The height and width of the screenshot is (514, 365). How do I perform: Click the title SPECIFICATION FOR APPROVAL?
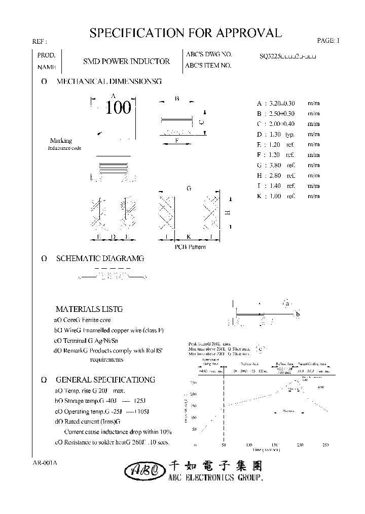(x=185, y=34)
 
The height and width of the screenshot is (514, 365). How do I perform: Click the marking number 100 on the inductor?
(x=119, y=108)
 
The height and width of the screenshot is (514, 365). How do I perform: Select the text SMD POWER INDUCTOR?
(x=126, y=61)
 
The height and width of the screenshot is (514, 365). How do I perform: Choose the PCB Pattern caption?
(x=190, y=247)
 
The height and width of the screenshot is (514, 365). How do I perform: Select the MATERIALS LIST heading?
(x=89, y=309)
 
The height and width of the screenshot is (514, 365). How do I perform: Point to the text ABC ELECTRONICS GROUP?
(x=216, y=478)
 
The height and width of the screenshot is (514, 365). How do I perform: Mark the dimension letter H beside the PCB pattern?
(x=228, y=213)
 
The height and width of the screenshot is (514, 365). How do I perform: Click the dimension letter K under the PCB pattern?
(x=188, y=237)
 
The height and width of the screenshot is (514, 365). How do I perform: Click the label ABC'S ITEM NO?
(x=208, y=66)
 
